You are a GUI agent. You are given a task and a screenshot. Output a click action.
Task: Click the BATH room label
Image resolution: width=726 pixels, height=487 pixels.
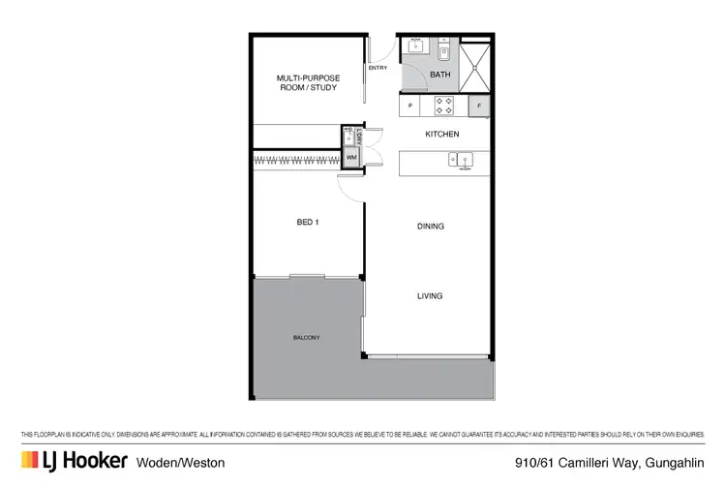(x=439, y=74)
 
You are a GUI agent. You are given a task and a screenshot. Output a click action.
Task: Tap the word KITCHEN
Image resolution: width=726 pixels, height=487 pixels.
(x=442, y=134)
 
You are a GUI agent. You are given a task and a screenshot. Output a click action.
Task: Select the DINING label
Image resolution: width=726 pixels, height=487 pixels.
(x=430, y=227)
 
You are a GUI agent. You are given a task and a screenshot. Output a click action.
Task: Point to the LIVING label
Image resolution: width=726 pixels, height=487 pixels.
(x=430, y=296)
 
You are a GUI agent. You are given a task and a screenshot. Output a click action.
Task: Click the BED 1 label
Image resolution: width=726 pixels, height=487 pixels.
(x=308, y=222)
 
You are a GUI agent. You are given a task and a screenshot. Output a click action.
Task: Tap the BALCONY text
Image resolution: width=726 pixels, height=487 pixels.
(x=306, y=337)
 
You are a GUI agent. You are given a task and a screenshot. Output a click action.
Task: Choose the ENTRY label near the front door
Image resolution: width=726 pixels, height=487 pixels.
(x=378, y=68)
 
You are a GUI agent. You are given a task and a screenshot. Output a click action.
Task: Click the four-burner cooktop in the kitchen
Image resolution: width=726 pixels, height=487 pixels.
(x=443, y=104)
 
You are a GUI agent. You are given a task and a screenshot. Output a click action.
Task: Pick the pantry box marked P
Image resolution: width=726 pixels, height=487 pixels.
(x=410, y=105)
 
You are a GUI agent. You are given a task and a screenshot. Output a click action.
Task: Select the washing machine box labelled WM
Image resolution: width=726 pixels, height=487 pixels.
(x=350, y=156)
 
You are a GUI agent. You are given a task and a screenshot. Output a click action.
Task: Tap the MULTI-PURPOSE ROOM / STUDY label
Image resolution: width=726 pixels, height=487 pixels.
(x=308, y=83)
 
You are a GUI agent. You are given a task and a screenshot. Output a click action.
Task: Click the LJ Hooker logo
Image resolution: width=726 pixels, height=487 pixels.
(x=74, y=460)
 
